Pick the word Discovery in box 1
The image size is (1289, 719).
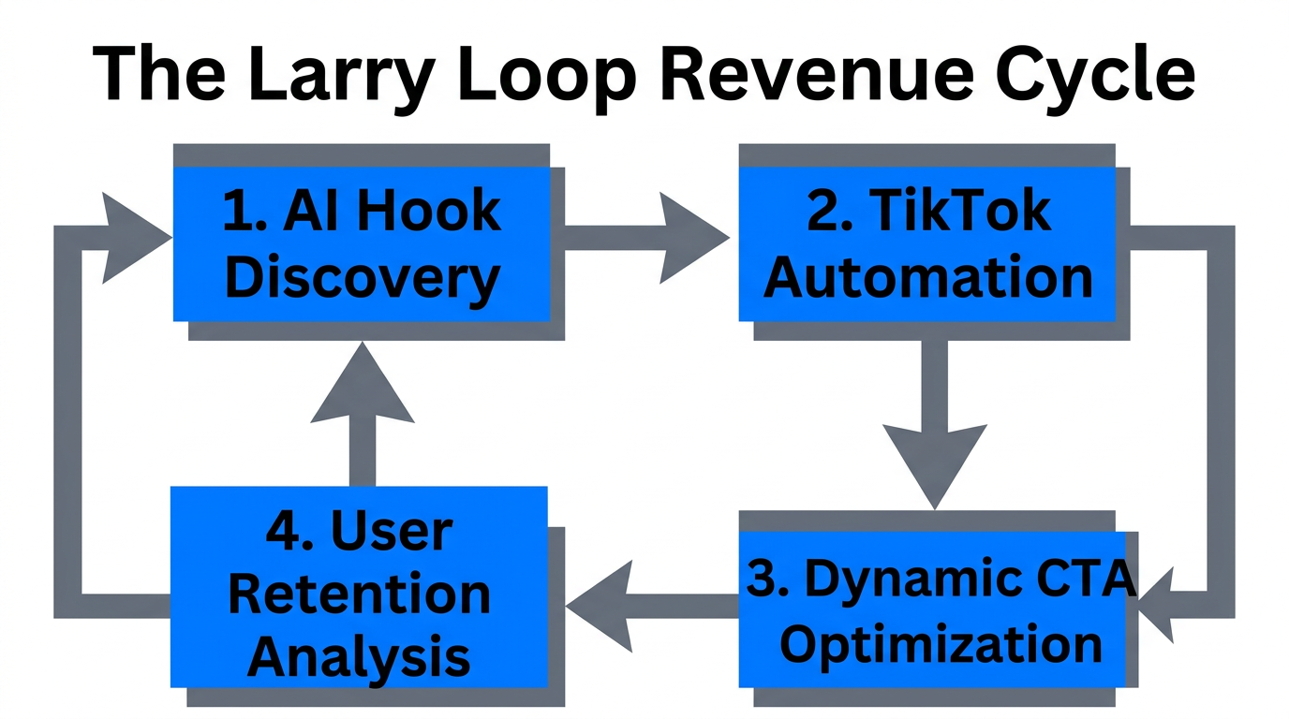pos(362,278)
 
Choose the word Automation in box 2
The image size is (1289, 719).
pos(928,278)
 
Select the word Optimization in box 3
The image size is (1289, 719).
pos(941,644)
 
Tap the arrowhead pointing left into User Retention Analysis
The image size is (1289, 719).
pos(600,607)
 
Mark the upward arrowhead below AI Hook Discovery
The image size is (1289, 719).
pos(362,384)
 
